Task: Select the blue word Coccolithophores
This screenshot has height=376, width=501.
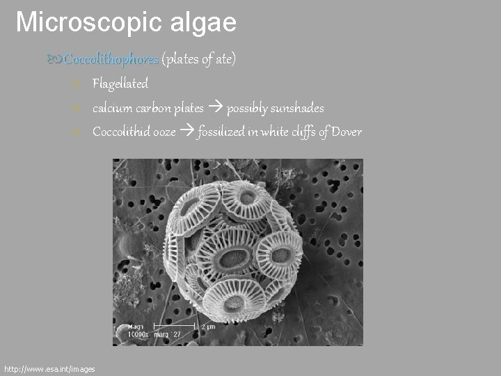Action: point(111,61)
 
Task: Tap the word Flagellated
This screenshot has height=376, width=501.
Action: point(120,84)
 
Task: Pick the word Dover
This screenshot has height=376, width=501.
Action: point(347,132)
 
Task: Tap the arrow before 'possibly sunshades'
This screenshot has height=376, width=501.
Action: point(215,108)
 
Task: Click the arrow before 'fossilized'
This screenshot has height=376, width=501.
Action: point(187,132)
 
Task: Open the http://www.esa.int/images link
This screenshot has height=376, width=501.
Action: point(49,368)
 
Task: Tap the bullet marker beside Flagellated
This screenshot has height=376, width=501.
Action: point(78,85)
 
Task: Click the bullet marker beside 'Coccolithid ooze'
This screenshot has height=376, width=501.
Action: point(78,132)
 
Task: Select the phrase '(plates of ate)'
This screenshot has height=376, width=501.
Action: point(199,61)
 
